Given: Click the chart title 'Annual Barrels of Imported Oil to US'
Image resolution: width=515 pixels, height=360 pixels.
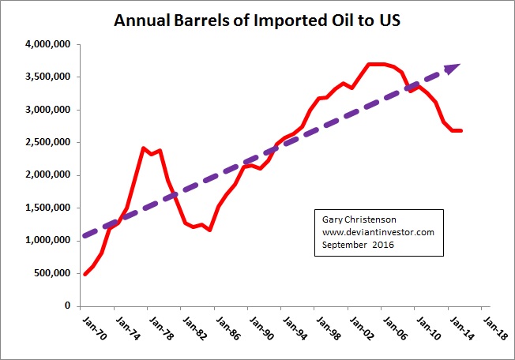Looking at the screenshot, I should click(257, 19).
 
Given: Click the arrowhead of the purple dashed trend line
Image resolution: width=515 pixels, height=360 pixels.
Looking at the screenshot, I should click(453, 69).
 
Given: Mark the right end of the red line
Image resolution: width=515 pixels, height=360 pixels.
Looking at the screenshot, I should click(461, 130).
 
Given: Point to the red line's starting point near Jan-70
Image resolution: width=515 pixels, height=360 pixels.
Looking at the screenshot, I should click(85, 274).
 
